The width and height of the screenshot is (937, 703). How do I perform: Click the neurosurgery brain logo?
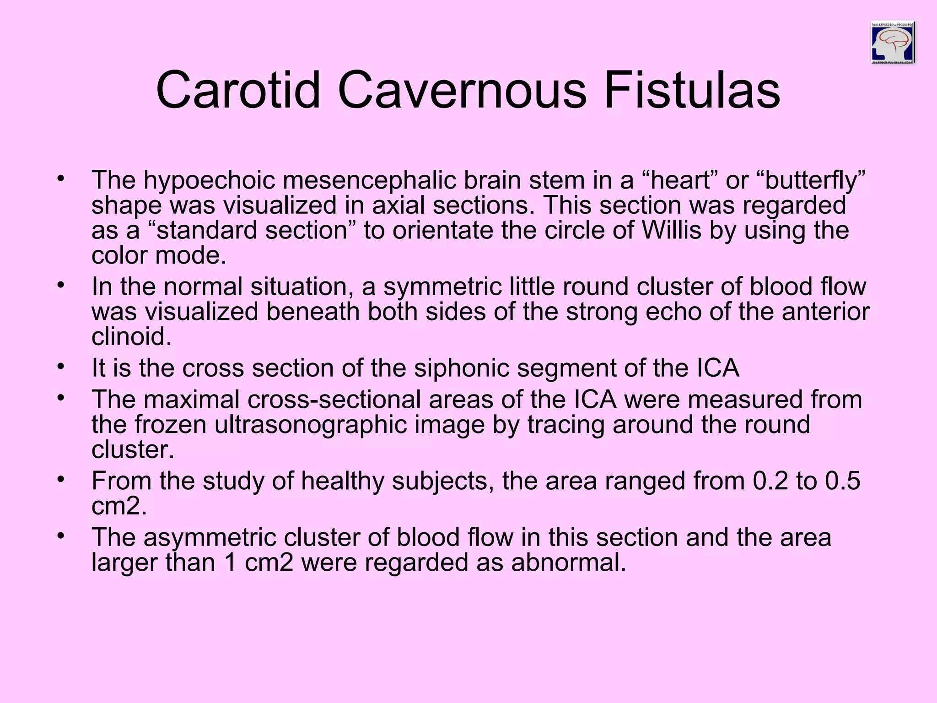click(x=893, y=43)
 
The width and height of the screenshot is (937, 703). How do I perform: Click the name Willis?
click(x=671, y=230)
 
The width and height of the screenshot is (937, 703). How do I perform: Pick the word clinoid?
click(x=131, y=337)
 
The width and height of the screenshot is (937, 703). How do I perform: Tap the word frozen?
click(x=170, y=425)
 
